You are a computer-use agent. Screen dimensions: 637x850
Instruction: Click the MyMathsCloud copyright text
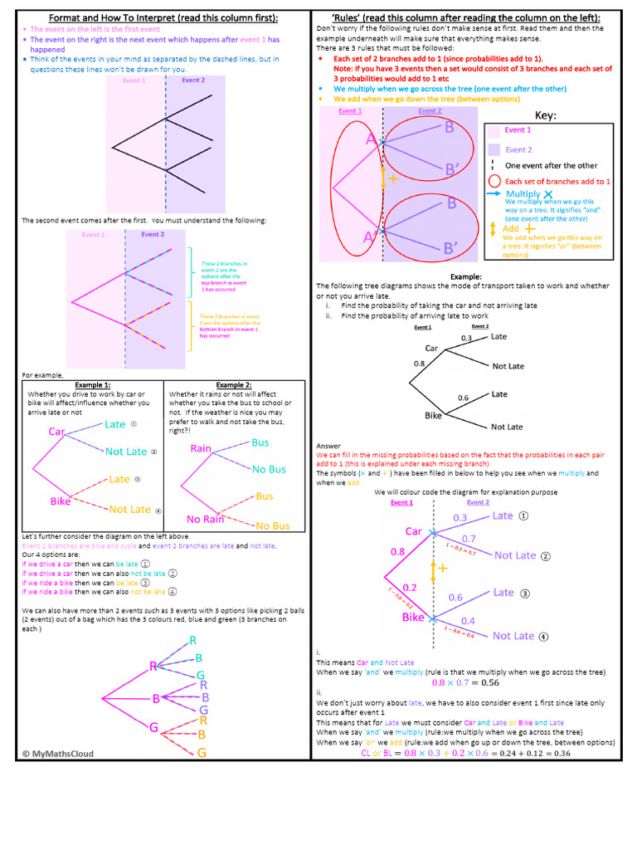(x=58, y=754)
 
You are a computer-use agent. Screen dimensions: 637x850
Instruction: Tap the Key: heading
(x=546, y=115)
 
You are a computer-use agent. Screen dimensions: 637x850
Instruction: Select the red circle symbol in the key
(x=494, y=181)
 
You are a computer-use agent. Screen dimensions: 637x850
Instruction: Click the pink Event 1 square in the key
(x=494, y=130)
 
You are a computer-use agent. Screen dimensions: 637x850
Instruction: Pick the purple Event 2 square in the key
(x=494, y=149)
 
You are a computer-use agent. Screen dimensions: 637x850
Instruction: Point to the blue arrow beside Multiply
(x=494, y=193)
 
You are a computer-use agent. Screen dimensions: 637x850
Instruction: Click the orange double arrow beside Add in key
(x=493, y=227)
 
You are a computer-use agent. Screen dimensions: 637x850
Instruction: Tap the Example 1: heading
(x=93, y=385)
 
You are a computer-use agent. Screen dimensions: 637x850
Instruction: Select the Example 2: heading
(x=234, y=385)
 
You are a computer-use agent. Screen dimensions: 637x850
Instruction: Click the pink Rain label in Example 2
(x=201, y=448)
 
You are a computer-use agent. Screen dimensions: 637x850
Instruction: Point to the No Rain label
(x=205, y=520)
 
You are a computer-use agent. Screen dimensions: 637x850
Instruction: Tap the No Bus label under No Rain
(x=272, y=525)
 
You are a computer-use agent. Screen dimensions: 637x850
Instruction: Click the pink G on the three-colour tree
(x=153, y=727)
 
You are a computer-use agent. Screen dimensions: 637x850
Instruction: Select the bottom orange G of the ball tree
(x=202, y=753)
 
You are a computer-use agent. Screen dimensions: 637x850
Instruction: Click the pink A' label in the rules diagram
(x=371, y=237)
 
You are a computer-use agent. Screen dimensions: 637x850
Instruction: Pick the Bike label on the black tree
(x=433, y=414)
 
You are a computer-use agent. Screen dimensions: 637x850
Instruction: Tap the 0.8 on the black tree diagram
(x=418, y=364)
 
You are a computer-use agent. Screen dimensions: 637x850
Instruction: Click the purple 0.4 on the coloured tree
(x=468, y=621)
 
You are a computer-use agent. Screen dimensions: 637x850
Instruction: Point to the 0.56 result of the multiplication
(x=490, y=683)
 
